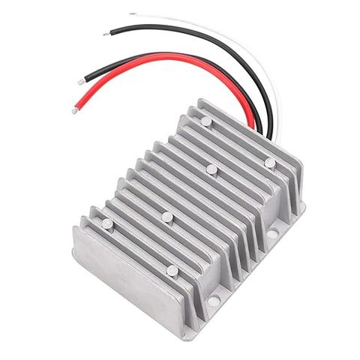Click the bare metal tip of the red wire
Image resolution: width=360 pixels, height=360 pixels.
74,110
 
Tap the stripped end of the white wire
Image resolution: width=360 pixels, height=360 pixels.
132,13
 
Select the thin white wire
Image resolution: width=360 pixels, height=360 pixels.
225,37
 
